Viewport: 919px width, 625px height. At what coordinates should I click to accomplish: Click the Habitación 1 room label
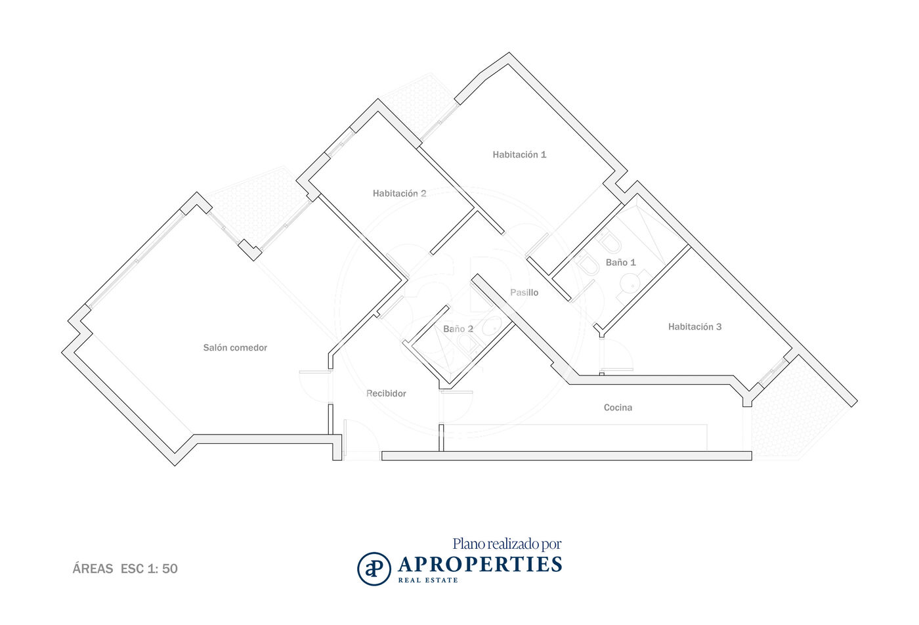tap(519, 155)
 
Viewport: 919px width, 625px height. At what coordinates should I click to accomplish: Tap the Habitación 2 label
tap(399, 193)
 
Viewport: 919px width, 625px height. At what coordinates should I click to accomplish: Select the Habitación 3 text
tap(695, 327)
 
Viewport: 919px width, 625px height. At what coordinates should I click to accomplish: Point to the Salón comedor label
tap(235, 347)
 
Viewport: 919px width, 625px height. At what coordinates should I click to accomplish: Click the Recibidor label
tap(386, 393)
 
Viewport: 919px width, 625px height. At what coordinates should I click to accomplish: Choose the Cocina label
tap(618, 408)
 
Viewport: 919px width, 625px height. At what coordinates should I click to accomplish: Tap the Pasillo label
tap(524, 293)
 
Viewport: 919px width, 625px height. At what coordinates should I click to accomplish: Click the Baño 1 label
tap(621, 262)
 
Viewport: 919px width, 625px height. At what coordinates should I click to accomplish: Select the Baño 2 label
tap(458, 329)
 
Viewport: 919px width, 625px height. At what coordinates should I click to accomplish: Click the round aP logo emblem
tap(374, 569)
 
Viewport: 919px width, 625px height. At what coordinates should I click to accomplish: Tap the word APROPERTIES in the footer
tap(480, 565)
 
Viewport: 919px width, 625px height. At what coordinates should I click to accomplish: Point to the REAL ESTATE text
tap(428, 580)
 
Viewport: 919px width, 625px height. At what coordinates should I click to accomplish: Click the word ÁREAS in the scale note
tap(93, 569)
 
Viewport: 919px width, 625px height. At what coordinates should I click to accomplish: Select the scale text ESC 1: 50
tap(149, 569)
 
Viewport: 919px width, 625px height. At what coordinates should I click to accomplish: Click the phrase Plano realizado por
tap(507, 544)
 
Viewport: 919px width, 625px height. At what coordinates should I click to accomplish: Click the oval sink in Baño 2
tap(491, 326)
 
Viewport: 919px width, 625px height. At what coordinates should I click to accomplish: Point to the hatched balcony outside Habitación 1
tap(419, 108)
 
